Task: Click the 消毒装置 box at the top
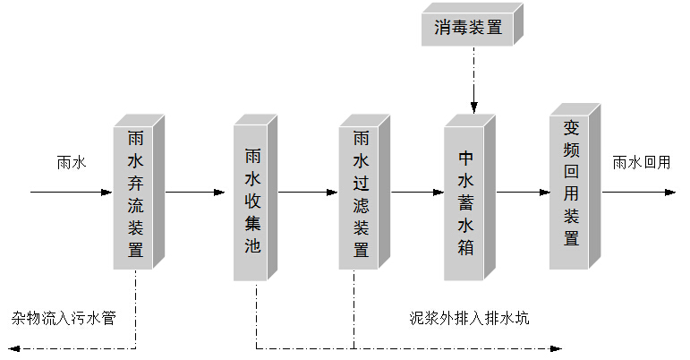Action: click(x=468, y=29)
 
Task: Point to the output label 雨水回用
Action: click(x=641, y=163)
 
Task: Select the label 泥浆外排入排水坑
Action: click(x=469, y=318)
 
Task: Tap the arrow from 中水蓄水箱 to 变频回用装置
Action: click(x=522, y=192)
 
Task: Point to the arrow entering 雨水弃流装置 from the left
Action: click(x=72, y=192)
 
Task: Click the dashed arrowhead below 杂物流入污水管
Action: click(x=15, y=347)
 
